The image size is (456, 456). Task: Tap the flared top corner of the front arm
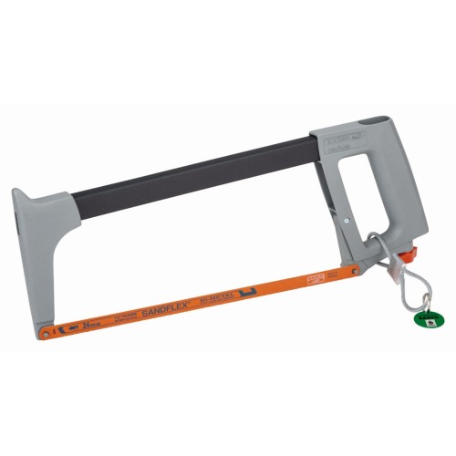pyautogui.click(x=20, y=194)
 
